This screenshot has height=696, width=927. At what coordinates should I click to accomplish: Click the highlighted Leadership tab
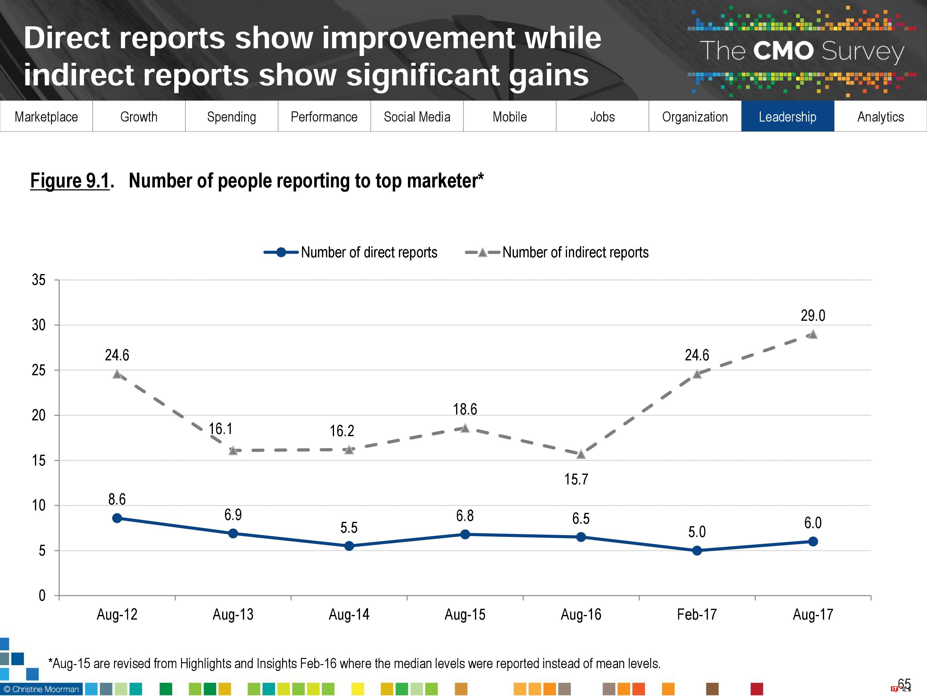click(x=787, y=116)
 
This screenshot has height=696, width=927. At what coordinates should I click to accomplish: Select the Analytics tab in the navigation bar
click(x=880, y=116)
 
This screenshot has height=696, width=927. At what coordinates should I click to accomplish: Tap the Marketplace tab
click(x=46, y=116)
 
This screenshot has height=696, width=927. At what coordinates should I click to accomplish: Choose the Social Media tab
click(x=417, y=116)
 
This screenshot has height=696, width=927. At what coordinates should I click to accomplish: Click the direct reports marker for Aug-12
click(x=117, y=518)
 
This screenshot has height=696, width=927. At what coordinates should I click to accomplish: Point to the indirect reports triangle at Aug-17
click(x=813, y=334)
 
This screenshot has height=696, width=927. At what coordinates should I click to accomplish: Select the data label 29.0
click(x=813, y=316)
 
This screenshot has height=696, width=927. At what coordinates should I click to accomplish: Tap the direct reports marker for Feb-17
click(x=697, y=550)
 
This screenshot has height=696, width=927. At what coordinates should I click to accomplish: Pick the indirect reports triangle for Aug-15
click(x=465, y=428)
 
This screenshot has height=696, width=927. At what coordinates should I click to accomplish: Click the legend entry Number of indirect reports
click(x=575, y=252)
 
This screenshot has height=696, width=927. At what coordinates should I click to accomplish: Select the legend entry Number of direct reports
click(x=369, y=252)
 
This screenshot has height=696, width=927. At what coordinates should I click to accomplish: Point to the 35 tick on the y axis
click(x=39, y=280)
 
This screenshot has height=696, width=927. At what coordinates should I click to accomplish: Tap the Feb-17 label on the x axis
click(x=696, y=614)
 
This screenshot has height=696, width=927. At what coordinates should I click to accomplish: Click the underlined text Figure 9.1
click(x=70, y=181)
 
